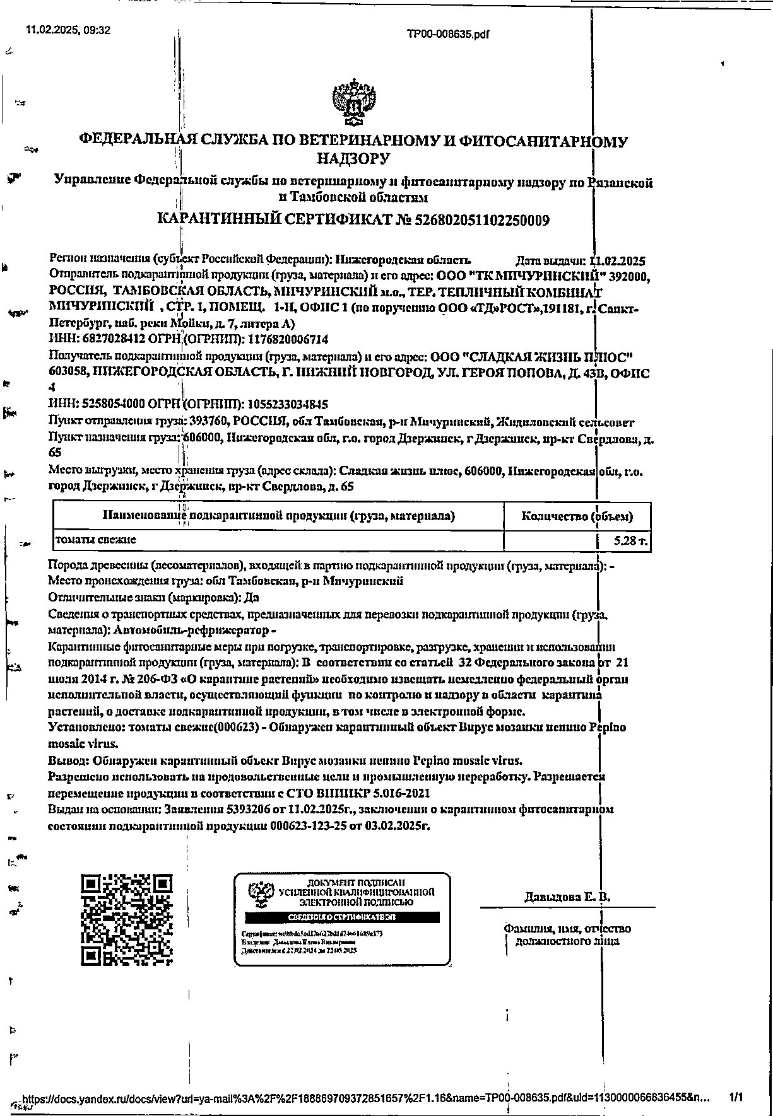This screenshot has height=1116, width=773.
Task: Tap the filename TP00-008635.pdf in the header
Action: tap(448, 35)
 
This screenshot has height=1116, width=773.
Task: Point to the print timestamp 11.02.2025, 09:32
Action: tap(68, 30)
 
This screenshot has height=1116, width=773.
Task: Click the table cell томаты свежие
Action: tap(96, 540)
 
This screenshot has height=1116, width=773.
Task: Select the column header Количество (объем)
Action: tap(577, 517)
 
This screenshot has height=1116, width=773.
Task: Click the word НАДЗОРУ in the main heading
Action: tap(353, 159)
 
